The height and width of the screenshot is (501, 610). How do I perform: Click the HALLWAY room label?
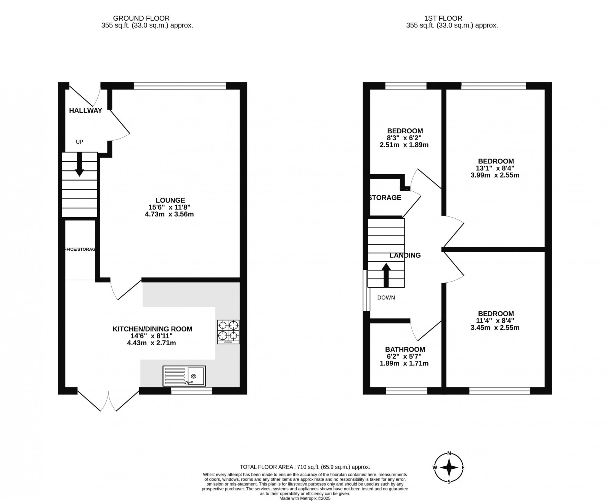(85, 111)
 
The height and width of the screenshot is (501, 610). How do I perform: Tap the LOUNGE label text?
(170, 200)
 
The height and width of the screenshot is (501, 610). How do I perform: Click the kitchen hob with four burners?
(228, 332)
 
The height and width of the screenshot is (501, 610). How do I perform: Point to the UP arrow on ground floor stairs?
(79, 164)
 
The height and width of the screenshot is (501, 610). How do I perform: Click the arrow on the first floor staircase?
(386, 274)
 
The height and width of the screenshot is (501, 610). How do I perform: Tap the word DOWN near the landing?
(386, 298)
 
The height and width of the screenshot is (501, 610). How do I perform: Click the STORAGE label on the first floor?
(385, 198)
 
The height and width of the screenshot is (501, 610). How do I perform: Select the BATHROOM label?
(405, 349)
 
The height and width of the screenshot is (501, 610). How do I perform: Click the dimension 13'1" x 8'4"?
(495, 168)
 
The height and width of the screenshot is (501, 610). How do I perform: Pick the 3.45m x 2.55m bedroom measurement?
(495, 328)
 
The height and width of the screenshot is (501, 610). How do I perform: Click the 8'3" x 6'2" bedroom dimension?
(405, 138)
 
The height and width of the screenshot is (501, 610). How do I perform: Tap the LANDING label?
(405, 256)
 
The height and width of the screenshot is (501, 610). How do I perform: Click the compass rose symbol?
(449, 467)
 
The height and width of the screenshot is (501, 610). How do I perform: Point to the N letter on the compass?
(449, 453)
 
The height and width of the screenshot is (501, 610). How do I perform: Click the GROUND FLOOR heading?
(141, 18)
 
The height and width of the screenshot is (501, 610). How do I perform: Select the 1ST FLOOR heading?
(443, 18)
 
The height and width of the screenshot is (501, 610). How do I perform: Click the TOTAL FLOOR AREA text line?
(305, 467)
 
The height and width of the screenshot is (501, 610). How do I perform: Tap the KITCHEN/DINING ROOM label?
(152, 329)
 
